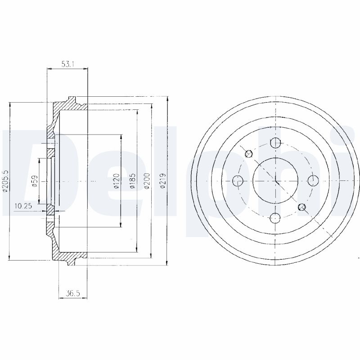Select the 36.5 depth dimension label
72,293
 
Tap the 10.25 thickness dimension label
23,206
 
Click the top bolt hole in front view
275,143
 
